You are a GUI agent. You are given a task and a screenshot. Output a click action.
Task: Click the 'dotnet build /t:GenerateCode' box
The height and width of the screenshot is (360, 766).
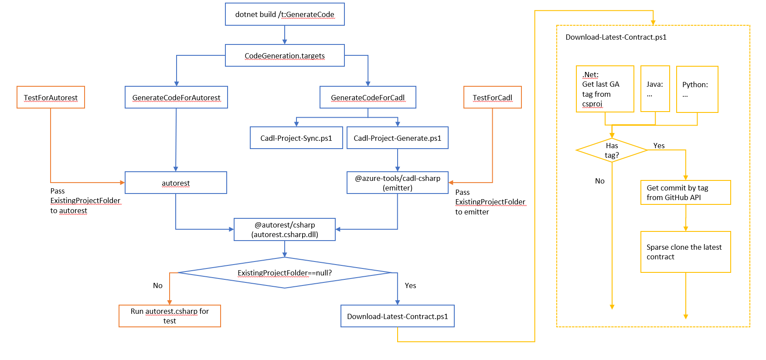point(285,14)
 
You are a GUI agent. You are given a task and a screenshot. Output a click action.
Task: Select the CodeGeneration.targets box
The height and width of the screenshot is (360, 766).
point(285,55)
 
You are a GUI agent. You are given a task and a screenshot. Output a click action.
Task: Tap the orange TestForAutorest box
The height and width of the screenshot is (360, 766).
point(51,97)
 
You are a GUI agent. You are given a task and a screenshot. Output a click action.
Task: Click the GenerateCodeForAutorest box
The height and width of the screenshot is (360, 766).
point(176,97)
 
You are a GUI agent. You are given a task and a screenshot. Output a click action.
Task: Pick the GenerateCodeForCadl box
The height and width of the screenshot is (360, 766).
point(368,97)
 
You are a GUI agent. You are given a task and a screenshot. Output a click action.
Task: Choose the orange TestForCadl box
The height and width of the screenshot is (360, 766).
point(492,97)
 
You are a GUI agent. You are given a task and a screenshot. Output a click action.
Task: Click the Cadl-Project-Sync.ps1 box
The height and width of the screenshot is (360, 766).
point(296,138)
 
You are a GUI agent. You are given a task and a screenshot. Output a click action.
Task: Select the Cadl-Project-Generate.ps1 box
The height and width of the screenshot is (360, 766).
point(397,138)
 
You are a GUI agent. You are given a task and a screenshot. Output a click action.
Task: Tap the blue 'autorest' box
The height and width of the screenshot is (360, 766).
point(176,183)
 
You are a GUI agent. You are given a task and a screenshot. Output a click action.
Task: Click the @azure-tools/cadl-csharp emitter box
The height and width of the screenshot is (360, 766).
point(397,183)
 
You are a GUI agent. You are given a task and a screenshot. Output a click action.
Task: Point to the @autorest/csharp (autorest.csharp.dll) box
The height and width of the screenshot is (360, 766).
point(285,229)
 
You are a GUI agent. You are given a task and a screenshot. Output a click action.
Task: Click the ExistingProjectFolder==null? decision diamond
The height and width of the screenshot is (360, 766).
point(285,273)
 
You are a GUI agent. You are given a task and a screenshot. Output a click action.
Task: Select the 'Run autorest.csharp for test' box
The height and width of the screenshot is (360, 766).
point(170,316)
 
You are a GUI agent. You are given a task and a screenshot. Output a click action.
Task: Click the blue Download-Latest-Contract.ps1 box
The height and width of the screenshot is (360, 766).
point(397,316)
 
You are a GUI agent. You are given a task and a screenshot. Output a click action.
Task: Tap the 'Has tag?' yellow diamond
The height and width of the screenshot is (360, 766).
point(612,150)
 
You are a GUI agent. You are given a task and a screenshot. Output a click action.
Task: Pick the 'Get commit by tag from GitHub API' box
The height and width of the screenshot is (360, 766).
point(685,192)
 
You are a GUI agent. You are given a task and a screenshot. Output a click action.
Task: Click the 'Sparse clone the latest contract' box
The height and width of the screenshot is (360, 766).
point(685,252)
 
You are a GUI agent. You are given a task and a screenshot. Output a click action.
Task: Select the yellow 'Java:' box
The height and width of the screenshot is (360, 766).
point(655,89)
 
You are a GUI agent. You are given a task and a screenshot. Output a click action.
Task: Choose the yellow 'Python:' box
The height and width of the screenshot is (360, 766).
point(697,89)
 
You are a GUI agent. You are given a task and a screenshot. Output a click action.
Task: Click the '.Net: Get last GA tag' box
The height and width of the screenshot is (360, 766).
point(605,89)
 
